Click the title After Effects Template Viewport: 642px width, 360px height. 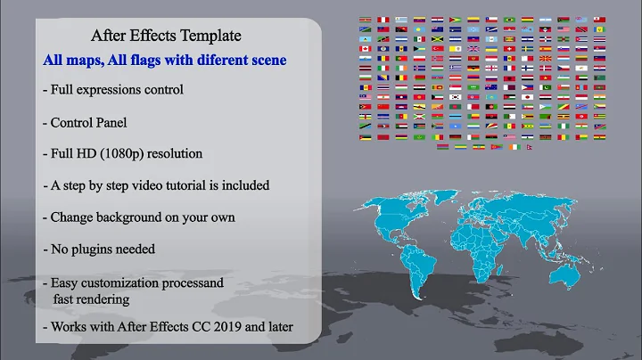point(166,37)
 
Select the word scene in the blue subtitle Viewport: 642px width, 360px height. point(268,61)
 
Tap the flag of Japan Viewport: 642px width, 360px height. point(527,97)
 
